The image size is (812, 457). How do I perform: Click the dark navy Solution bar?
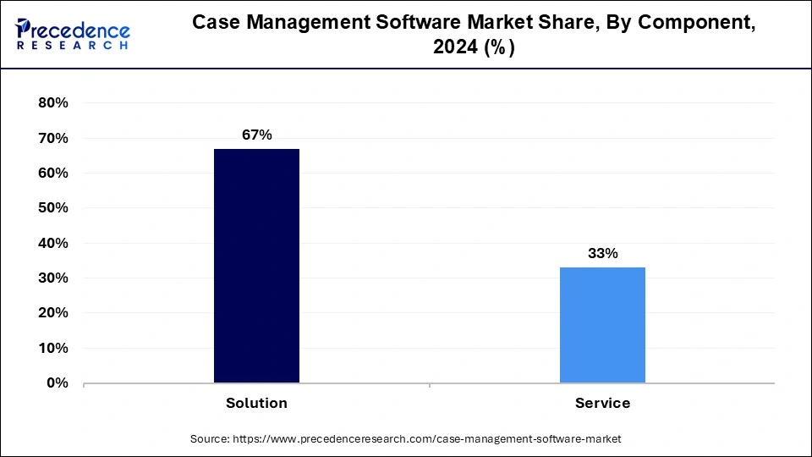click(256, 266)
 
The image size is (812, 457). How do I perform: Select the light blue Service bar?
click(602, 325)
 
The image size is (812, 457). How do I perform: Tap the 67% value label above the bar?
click(256, 135)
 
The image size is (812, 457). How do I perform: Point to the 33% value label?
click(602, 253)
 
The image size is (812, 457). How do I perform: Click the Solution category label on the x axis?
click(256, 403)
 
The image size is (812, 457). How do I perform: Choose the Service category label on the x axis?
click(602, 403)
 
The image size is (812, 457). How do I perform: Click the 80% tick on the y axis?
click(52, 103)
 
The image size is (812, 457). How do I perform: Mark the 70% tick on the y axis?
click(52, 138)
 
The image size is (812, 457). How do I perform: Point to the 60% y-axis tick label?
click(52, 173)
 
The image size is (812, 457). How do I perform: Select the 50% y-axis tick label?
click(52, 208)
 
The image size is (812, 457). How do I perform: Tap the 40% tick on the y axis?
click(52, 244)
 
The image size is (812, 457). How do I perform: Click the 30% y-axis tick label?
click(52, 278)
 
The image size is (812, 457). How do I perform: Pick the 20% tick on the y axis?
click(52, 313)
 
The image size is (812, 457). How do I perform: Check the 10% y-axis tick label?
click(52, 349)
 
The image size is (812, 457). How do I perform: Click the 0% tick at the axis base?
click(57, 383)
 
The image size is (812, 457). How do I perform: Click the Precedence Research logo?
click(73, 34)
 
